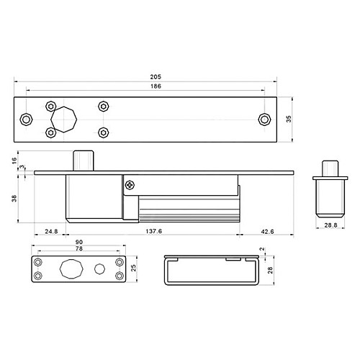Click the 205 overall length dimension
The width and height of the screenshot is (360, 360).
coord(156,77)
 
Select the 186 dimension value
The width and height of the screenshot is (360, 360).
coord(156,86)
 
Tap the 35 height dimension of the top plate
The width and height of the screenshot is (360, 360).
coord(289,119)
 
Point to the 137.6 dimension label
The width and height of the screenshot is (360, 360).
coord(154,231)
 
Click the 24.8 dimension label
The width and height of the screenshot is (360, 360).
coord(51,231)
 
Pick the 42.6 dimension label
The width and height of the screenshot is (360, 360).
coord(267,232)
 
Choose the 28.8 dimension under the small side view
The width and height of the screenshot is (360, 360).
coord(330,225)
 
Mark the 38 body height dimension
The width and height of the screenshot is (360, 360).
coord(14,199)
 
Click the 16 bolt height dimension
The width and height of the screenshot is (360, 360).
coord(14,161)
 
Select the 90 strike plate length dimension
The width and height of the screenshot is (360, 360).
coord(79,242)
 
